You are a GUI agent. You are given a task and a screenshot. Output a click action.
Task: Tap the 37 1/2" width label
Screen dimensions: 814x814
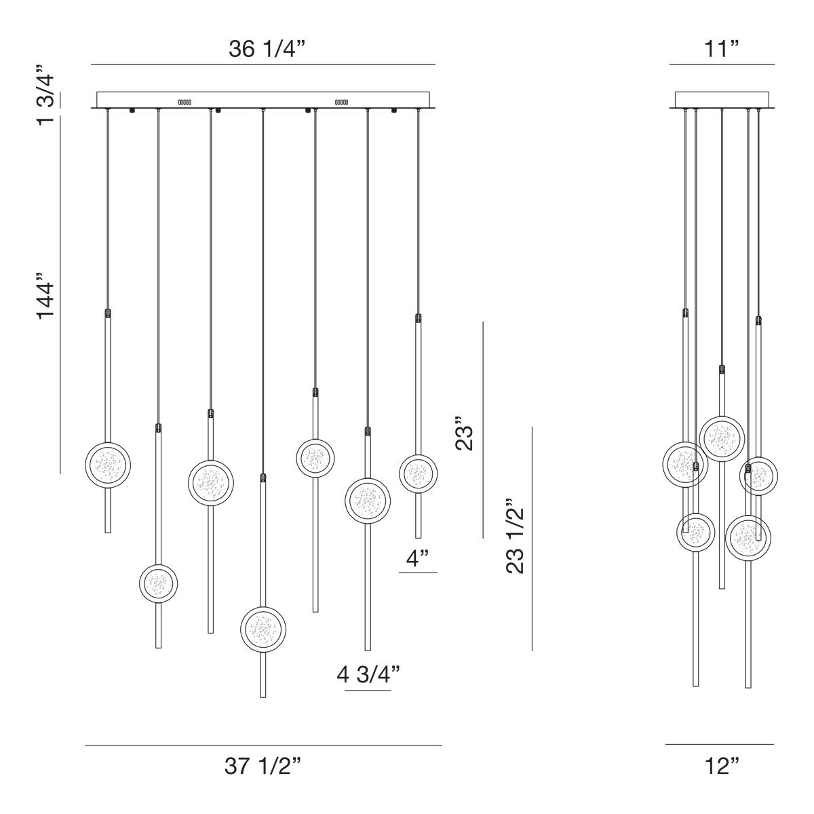coord(263,767)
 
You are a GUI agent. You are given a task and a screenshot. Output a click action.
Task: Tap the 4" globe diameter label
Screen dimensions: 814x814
coord(417,560)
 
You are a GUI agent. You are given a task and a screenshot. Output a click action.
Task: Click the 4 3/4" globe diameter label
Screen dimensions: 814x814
coord(368,674)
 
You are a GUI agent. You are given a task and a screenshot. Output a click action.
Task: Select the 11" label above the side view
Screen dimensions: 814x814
coord(721,50)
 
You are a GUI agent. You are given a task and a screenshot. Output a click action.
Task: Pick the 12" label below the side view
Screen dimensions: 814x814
coord(721,767)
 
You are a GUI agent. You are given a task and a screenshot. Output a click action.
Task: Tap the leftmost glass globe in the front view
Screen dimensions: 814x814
coord(107,464)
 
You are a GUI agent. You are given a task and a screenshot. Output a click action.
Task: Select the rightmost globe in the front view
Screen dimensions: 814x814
coord(418,473)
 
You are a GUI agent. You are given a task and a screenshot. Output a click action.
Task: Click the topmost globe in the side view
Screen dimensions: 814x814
coord(722,438)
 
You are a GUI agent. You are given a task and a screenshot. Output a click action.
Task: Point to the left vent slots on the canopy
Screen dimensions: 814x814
coord(185,102)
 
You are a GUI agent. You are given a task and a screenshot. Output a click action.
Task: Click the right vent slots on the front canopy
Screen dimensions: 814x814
coord(341,102)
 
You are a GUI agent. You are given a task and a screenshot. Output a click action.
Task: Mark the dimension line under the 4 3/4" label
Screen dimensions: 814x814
coord(368,691)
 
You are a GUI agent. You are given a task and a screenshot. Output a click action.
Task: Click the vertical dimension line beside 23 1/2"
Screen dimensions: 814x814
coord(532,539)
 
